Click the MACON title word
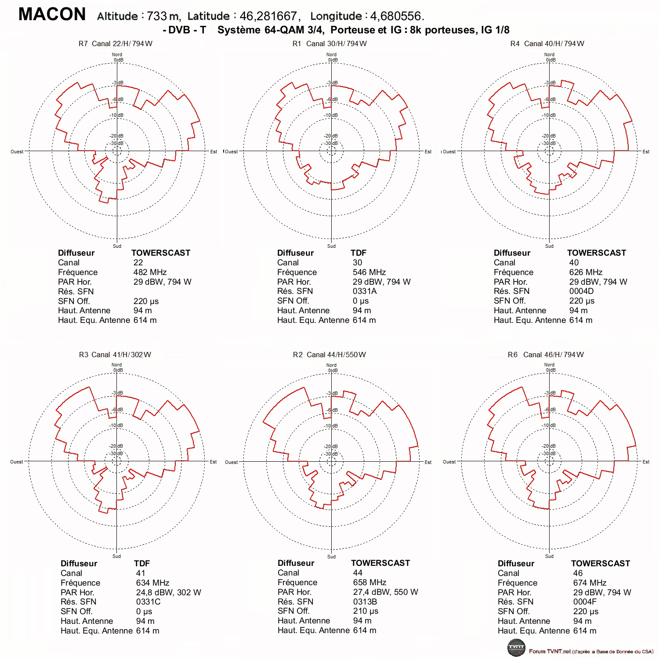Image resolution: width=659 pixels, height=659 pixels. click(52, 14)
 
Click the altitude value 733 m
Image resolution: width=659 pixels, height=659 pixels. click(163, 16)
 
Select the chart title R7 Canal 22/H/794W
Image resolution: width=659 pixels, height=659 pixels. click(116, 43)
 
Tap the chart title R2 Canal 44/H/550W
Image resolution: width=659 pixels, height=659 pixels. click(329, 355)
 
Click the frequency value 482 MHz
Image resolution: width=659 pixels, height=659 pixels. click(150, 272)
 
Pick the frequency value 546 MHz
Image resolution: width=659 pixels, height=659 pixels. click(369, 272)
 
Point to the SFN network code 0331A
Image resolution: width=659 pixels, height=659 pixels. click(365, 291)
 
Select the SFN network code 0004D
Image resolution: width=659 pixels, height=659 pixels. click(582, 291)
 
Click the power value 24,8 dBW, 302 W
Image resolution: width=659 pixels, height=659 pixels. click(169, 592)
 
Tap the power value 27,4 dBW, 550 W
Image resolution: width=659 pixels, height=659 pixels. click(386, 592)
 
